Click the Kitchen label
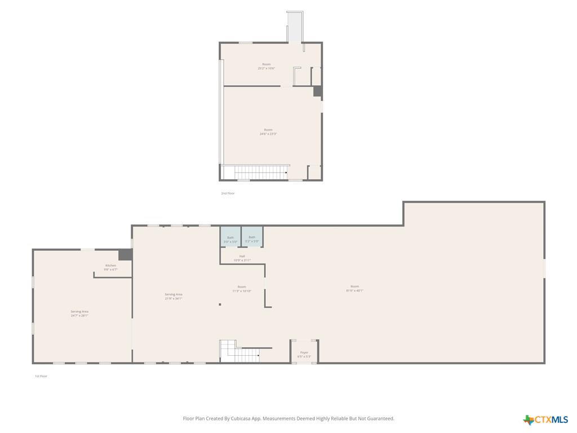(x=110, y=267)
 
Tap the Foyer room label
(x=304, y=354)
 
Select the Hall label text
(x=242, y=258)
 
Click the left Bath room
(x=230, y=237)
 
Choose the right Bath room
(x=252, y=237)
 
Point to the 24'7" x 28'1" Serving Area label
(x=79, y=313)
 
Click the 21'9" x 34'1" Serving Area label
(x=174, y=296)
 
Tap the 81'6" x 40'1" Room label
(x=354, y=288)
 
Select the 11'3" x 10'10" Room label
(x=242, y=289)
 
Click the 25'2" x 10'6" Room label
(x=267, y=66)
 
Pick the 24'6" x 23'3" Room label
(x=268, y=131)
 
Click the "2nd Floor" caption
(x=228, y=193)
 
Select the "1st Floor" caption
(x=41, y=376)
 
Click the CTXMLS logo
(x=545, y=419)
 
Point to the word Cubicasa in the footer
(x=241, y=418)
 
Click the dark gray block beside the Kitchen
(x=125, y=254)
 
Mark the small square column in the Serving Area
(x=220, y=304)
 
